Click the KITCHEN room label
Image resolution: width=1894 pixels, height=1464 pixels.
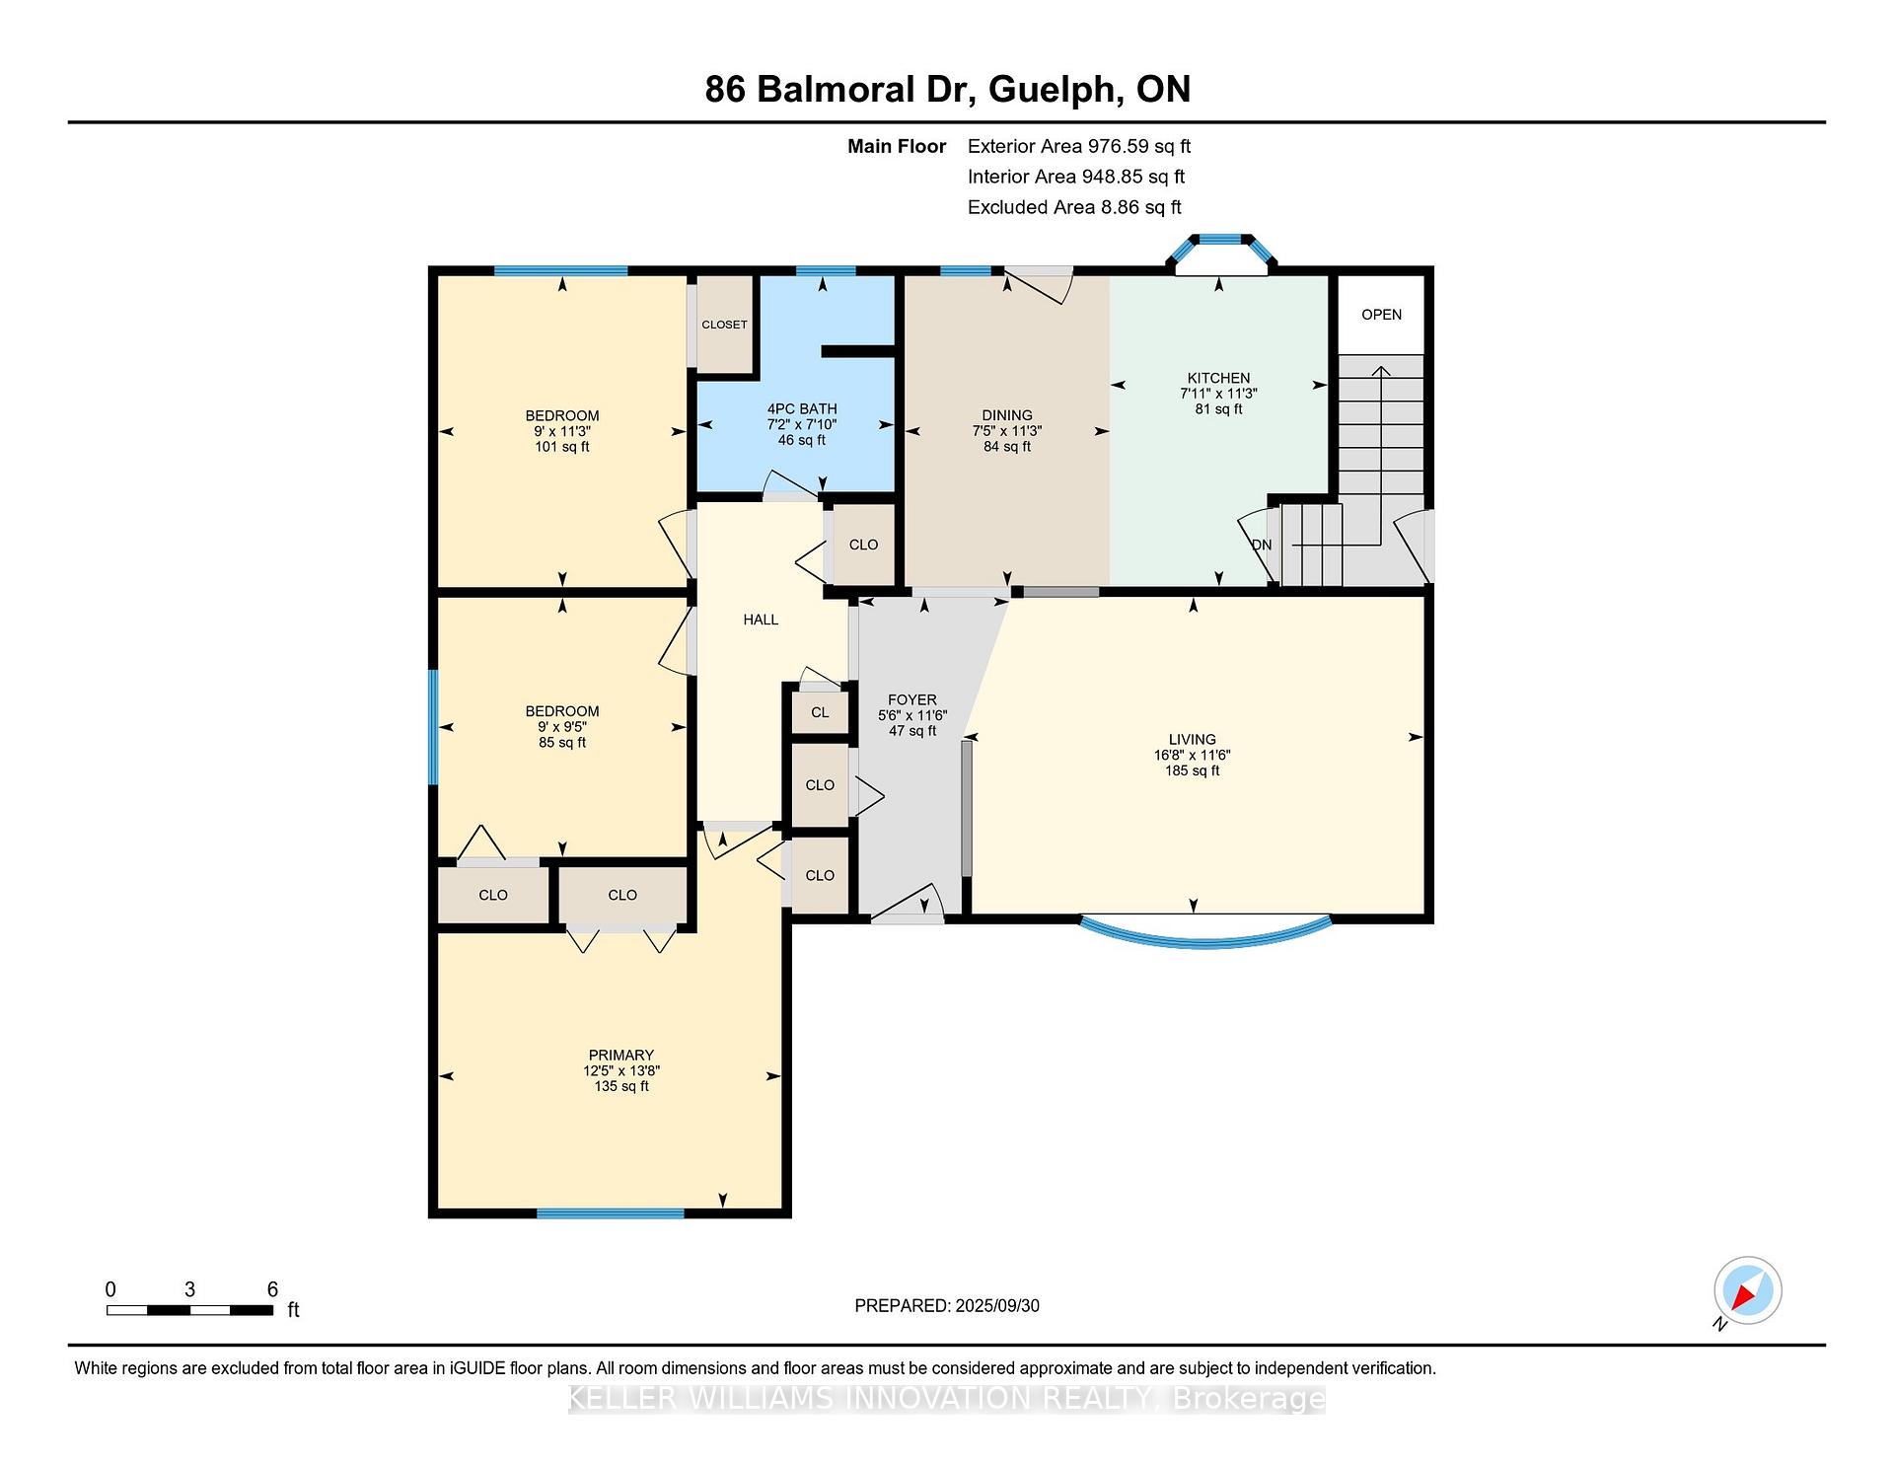point(1218,378)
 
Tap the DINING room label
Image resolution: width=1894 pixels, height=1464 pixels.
point(1006,415)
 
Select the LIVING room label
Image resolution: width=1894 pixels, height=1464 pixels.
point(1192,739)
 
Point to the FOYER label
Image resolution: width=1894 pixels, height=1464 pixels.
point(911,699)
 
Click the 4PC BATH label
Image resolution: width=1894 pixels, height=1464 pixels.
point(802,408)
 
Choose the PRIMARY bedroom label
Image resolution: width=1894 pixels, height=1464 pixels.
point(620,1055)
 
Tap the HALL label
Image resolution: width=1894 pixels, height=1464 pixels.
point(761,620)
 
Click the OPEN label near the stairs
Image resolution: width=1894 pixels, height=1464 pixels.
point(1381,315)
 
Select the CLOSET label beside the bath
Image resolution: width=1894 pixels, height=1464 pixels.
point(724,325)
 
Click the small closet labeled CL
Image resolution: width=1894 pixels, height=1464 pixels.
point(820,712)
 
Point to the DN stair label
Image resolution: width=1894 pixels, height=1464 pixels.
point(1262,545)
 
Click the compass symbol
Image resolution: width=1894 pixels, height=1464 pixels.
point(1748,1290)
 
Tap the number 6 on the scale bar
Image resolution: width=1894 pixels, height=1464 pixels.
point(272,1289)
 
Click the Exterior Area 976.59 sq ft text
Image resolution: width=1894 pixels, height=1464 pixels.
point(1079,146)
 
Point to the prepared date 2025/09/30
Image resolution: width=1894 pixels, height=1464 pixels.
point(997,1305)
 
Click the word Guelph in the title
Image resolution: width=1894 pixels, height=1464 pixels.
point(1055,90)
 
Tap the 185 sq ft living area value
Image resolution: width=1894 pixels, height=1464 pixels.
point(1192,770)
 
